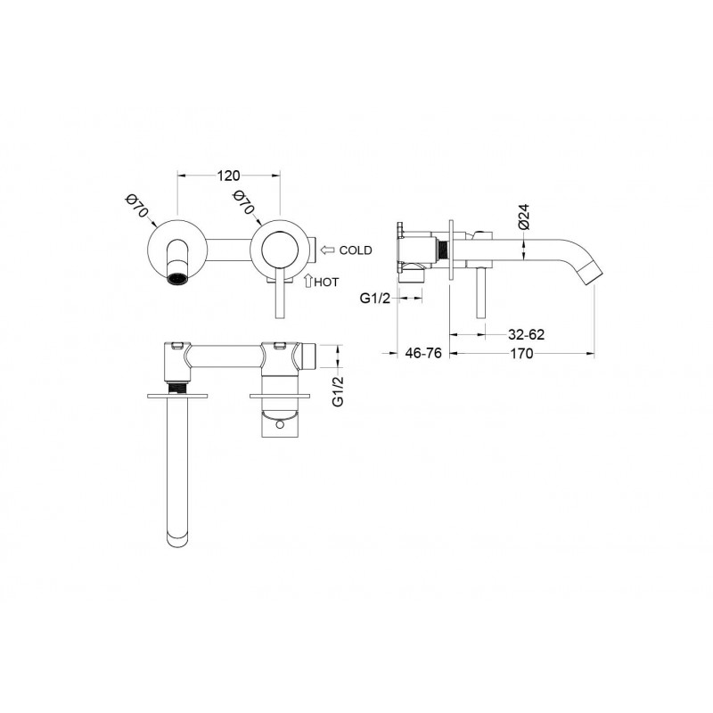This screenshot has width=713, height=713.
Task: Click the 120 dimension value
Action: click(228, 176)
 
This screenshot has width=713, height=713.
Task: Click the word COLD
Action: click(356, 250)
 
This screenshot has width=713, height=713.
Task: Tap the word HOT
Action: click(326, 283)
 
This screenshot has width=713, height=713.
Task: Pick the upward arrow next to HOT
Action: click(307, 281)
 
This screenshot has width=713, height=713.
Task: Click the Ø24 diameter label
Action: click(524, 217)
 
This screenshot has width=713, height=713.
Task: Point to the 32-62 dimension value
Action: click(526, 335)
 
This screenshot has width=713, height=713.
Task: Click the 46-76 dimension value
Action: click(423, 353)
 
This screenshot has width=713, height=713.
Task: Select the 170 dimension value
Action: click(521, 353)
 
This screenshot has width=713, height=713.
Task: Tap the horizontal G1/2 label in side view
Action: click(374, 299)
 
